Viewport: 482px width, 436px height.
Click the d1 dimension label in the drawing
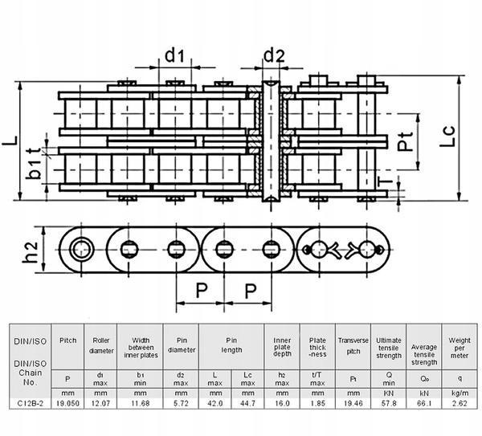tap(175, 55)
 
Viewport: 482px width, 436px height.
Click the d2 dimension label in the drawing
tap(275, 55)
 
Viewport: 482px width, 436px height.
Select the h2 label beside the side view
tap(30, 253)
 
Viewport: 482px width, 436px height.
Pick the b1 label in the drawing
tap(33, 170)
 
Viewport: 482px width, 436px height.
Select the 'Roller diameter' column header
tap(100, 344)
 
